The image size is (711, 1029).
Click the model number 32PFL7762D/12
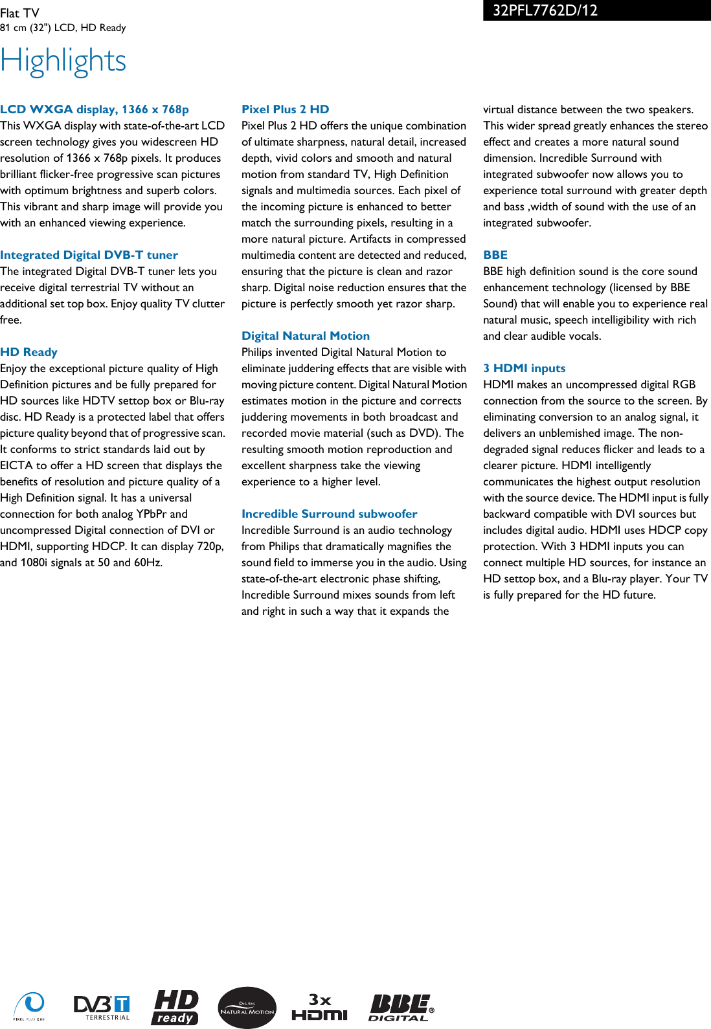click(x=545, y=10)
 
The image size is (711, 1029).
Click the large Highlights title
click(x=63, y=61)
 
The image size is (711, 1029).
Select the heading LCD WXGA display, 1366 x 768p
click(x=95, y=109)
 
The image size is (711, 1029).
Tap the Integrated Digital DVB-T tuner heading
click(x=89, y=255)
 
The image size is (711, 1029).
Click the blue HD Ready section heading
click(x=29, y=352)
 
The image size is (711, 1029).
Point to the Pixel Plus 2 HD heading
click(x=286, y=109)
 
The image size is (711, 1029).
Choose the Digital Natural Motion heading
click(x=306, y=336)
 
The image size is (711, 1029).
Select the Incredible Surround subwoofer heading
click(x=330, y=514)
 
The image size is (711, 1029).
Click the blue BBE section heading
click(x=495, y=255)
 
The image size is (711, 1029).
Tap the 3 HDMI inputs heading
click(x=525, y=368)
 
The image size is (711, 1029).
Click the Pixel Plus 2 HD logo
click(x=29, y=1006)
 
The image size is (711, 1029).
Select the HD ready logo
click(x=175, y=1007)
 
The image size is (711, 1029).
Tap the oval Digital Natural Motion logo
click(x=247, y=1008)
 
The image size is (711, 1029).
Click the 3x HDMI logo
click(x=320, y=1007)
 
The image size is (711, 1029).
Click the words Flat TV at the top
click(x=19, y=13)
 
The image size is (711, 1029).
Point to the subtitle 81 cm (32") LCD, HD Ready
click(x=63, y=28)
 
